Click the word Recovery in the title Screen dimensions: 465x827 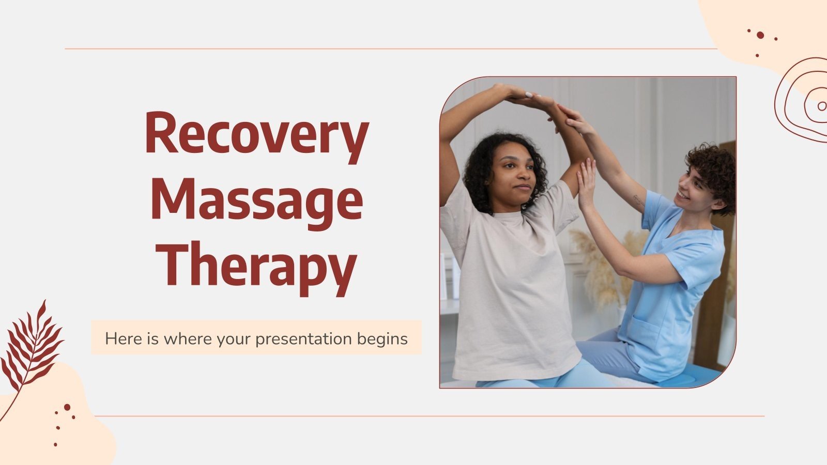pos(256,133)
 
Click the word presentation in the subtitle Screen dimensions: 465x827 pos(311,339)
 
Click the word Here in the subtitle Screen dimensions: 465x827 pos(121,339)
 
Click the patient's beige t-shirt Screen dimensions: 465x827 pos(512,289)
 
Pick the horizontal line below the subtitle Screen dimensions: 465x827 pos(429,415)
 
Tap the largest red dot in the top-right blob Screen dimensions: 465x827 pos(760,35)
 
